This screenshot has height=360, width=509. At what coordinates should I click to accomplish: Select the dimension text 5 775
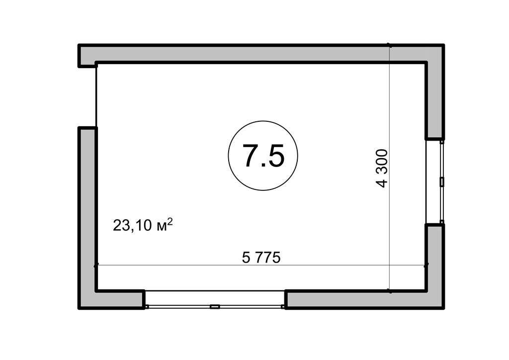(x=261, y=258)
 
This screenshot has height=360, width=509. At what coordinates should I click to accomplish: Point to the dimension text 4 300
(x=382, y=168)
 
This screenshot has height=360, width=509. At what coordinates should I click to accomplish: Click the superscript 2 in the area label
(x=170, y=221)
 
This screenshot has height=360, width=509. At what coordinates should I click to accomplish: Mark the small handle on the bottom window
(x=215, y=306)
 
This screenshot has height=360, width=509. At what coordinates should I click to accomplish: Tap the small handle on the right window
(x=441, y=182)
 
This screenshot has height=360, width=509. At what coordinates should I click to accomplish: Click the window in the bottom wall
(x=215, y=299)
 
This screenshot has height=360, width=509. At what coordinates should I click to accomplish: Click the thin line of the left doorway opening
(x=96, y=96)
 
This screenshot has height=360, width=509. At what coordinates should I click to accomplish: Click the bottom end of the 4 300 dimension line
(x=390, y=290)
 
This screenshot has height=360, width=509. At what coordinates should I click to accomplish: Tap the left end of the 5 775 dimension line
(x=96, y=266)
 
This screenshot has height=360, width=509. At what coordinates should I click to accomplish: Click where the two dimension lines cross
(x=390, y=266)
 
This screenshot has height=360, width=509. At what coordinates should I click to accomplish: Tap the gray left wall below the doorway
(x=87, y=217)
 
